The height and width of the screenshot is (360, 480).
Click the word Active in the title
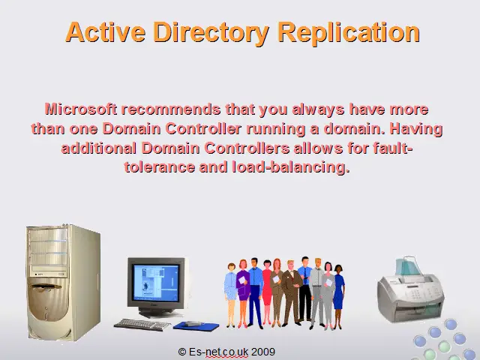click(x=106, y=31)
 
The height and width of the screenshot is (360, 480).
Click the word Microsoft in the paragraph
click(x=81, y=109)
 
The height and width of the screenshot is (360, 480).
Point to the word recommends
click(x=171, y=109)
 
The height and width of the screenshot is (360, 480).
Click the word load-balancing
click(x=291, y=168)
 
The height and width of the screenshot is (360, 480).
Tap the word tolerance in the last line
click(x=160, y=167)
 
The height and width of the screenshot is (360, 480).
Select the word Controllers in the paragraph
click(x=247, y=148)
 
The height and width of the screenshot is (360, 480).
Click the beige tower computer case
click(x=63, y=282)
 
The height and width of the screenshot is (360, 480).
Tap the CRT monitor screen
click(x=156, y=283)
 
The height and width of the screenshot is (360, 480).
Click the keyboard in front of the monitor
click(x=142, y=325)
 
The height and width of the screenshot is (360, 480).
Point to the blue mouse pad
click(x=196, y=326)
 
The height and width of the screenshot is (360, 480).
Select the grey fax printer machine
click(x=410, y=290)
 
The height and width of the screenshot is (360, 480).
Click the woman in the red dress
click(x=267, y=292)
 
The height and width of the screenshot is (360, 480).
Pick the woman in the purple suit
click(x=243, y=293)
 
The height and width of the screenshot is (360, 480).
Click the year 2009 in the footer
click(x=263, y=352)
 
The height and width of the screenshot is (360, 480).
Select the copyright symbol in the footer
click(x=182, y=352)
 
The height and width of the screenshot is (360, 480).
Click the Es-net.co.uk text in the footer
click(x=218, y=352)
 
